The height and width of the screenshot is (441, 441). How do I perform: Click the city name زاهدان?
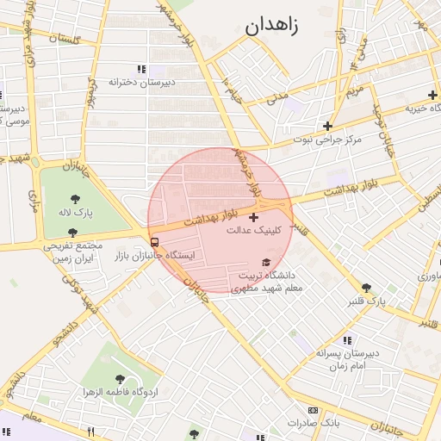tap(271, 26)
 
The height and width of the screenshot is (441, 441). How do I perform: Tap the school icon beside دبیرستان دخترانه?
tap(141, 69)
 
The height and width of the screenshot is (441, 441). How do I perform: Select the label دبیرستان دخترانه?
tap(141, 83)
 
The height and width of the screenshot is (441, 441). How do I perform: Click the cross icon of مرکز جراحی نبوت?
tap(327, 126)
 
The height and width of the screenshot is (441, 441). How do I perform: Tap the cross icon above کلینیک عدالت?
tap(252, 217)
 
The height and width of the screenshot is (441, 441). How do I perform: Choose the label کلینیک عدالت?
tap(252, 231)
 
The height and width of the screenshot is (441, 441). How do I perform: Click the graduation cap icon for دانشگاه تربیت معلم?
tap(265, 263)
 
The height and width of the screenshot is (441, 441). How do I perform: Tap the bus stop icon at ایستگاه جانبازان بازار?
tap(154, 242)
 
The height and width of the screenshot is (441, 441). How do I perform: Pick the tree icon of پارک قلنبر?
tap(366, 288)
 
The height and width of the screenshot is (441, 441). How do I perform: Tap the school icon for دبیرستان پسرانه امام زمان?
tap(347, 340)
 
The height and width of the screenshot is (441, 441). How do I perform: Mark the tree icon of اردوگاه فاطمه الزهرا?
tap(120, 379)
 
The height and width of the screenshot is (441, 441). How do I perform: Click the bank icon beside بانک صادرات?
tap(313, 410)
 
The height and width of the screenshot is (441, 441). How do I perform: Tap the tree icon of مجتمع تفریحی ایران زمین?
tap(72, 233)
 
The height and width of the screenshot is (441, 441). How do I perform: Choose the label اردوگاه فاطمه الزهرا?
tap(121, 393)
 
